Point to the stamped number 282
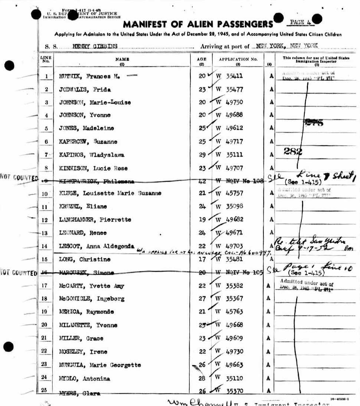tap(292, 151)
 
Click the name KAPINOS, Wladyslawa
tap(92, 155)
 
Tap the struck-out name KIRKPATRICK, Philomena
tap(97, 181)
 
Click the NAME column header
tap(122, 59)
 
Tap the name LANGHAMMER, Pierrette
tap(95, 219)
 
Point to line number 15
tap(46, 259)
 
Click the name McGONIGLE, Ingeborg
tap(92, 298)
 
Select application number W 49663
tap(229, 365)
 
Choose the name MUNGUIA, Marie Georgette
tap(100, 365)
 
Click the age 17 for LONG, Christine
tap(202, 259)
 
